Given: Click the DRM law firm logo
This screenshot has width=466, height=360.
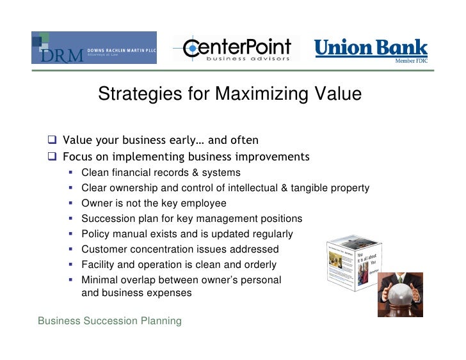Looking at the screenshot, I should (x=93, y=47).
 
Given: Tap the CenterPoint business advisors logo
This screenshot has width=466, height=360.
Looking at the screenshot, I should (x=236, y=49).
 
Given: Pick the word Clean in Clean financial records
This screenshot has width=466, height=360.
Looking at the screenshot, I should (x=95, y=173).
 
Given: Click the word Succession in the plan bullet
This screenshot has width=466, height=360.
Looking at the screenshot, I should (x=108, y=219).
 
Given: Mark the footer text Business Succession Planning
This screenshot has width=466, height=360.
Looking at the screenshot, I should (x=109, y=320).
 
